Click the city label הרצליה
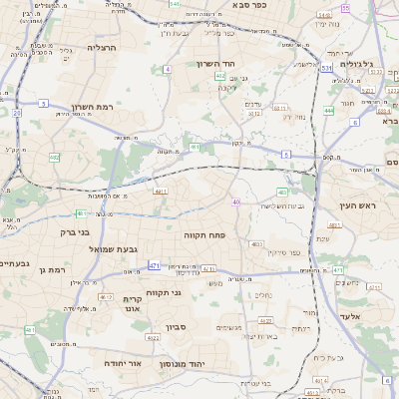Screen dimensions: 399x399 coord(102,47)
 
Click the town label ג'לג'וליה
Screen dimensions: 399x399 coord(355,64)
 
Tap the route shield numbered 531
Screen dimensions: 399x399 coord(326,68)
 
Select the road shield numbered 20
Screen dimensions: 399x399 coord(16,114)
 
